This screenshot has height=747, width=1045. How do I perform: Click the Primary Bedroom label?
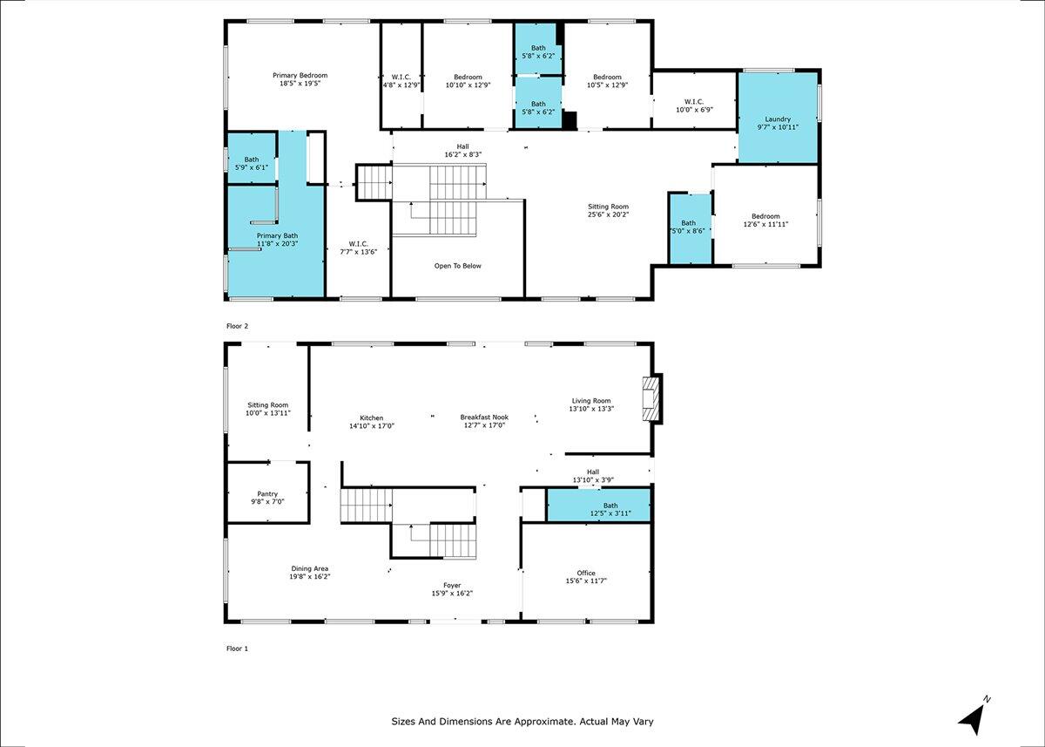point(300,75)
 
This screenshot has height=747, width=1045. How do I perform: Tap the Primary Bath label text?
point(277,235)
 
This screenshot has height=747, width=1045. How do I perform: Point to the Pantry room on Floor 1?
point(266,493)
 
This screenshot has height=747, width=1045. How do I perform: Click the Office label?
point(586,573)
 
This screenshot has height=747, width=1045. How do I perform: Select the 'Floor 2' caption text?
point(237,326)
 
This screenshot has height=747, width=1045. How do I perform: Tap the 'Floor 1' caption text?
point(237,649)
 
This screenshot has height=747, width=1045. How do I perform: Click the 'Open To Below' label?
point(457,266)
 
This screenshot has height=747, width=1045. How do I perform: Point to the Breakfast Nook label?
point(484,418)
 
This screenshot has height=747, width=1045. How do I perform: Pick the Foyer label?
point(452,585)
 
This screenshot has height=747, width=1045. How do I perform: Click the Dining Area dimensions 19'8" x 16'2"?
point(310,577)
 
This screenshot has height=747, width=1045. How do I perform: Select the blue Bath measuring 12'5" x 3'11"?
point(598,506)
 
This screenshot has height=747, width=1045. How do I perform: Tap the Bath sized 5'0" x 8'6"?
point(689,227)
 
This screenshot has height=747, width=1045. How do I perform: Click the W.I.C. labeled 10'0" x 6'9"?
point(694,105)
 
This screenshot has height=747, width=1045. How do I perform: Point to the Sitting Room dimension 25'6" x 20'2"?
point(608,214)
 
